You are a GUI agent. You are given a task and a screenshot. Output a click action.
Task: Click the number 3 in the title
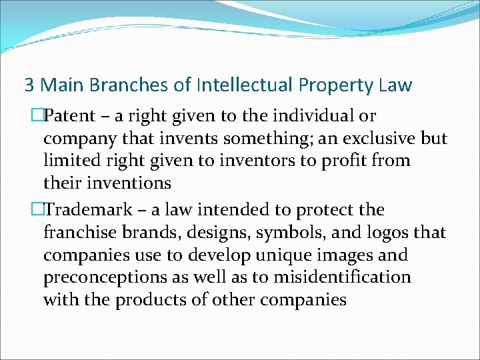29,85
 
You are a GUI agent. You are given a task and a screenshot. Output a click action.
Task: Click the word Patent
69,116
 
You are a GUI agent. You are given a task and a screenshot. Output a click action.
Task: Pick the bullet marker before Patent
37,116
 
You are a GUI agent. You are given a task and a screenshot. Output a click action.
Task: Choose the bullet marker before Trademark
37,210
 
